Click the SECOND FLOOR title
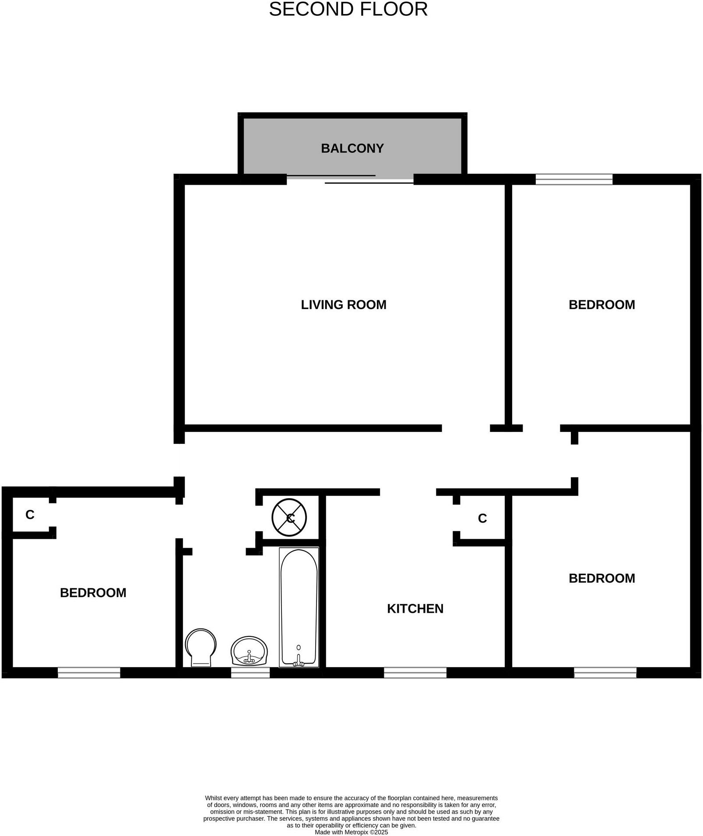(x=348, y=10)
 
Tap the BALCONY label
(x=352, y=148)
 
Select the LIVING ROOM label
(x=343, y=305)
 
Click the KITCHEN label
(x=415, y=608)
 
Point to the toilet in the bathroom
(x=200, y=647)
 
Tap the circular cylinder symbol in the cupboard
(x=289, y=517)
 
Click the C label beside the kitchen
(x=482, y=518)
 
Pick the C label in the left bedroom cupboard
(x=30, y=515)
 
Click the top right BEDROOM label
(x=601, y=305)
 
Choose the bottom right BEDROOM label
(x=601, y=578)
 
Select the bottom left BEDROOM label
(x=93, y=593)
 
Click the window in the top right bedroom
(x=573, y=179)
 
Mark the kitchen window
(x=415, y=672)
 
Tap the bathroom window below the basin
(x=250, y=672)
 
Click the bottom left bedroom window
(x=89, y=672)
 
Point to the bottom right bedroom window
(x=605, y=672)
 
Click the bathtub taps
(x=299, y=662)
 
